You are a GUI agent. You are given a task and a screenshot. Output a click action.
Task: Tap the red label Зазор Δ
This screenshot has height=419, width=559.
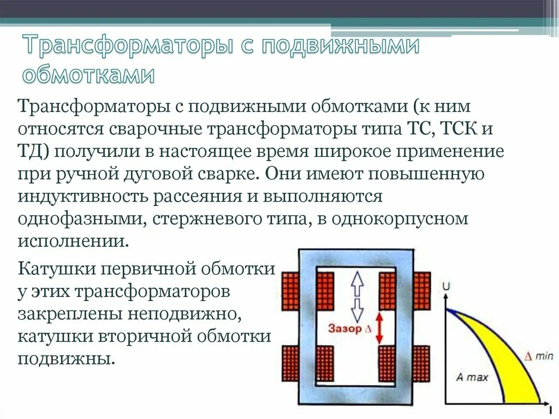pos(345,328)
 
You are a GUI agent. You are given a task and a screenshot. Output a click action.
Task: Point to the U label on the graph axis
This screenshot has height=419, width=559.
pos(447,286)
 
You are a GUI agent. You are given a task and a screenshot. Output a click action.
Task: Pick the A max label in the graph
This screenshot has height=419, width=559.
pos(472,377)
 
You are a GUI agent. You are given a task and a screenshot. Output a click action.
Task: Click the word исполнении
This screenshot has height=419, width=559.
pos(74,241)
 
